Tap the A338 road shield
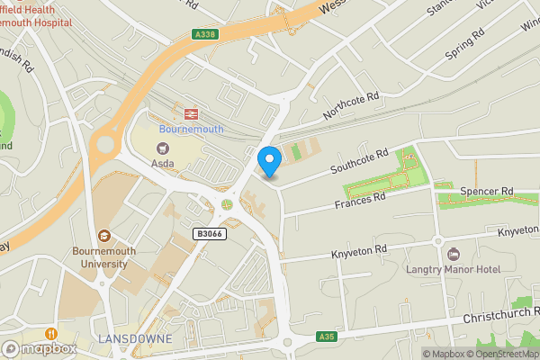tap(204, 34)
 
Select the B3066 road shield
tap(210, 234)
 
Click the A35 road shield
tap(327, 337)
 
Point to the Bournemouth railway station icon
tap(191, 113)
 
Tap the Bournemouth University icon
tap(104, 235)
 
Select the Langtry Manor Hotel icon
tap(453, 253)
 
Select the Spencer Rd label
tap(486, 192)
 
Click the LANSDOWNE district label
tap(134, 338)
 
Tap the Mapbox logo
tap(38, 348)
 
